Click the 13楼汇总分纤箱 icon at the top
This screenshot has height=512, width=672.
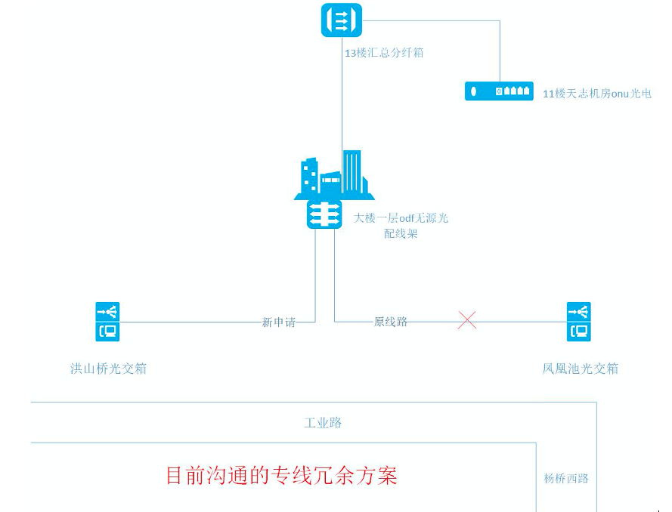pos(342,20)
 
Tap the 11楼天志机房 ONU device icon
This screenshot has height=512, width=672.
pos(499,91)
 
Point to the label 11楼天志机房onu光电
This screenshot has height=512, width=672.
pos(597,94)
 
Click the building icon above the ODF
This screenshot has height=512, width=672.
pos(334,175)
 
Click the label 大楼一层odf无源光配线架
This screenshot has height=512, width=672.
pos(401,226)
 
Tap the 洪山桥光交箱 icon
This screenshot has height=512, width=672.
pos(107,321)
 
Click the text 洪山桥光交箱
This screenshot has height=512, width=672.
pos(108,369)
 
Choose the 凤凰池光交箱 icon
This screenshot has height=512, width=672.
pos(578,321)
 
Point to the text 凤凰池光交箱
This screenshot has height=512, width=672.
pos(580,369)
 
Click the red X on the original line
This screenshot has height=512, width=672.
pos(467,321)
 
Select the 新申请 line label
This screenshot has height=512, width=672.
pos(278,322)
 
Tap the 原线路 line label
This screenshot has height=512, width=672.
pos(391,322)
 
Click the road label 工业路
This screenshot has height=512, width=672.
pos(323,423)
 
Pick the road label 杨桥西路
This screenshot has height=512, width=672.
pos(566,478)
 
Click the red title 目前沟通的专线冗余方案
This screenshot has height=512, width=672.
pos(281,476)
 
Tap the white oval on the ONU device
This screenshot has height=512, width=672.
pos(474,91)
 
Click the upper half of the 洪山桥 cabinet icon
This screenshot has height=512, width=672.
pos(107,311)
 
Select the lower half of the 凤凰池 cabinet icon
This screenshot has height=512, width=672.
pos(578,331)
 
